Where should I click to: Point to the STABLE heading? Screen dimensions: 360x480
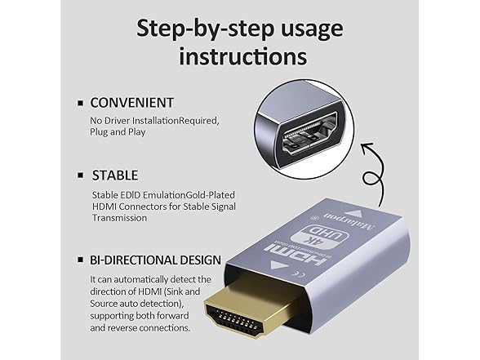tap(114, 175)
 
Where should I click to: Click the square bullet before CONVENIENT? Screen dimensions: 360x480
tap(80, 104)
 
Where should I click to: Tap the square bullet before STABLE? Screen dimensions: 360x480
tap(80, 176)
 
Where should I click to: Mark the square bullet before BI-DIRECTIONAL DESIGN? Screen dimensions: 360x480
tap(80, 260)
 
